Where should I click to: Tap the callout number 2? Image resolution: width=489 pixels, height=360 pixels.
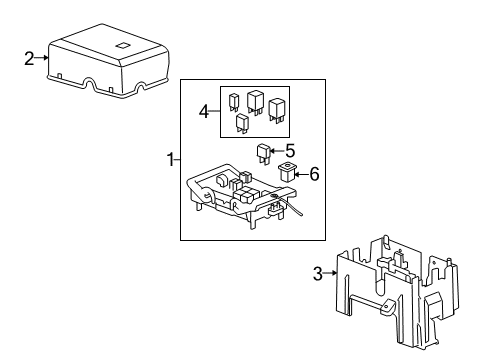(30, 58)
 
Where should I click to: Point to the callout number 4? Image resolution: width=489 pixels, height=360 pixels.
(204, 112)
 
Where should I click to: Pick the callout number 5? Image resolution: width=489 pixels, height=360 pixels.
(290, 151)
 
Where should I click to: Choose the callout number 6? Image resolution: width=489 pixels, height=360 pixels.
(314, 174)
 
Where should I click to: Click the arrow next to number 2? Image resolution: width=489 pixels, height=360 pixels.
(42, 58)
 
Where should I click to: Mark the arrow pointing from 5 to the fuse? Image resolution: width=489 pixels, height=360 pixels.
(278, 152)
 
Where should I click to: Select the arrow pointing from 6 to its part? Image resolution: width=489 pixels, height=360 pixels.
(301, 174)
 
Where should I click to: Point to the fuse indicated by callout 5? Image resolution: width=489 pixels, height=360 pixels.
(265, 153)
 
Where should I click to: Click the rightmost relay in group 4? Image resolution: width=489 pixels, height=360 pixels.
(277, 108)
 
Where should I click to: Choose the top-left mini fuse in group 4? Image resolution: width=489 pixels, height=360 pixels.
(234, 100)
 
